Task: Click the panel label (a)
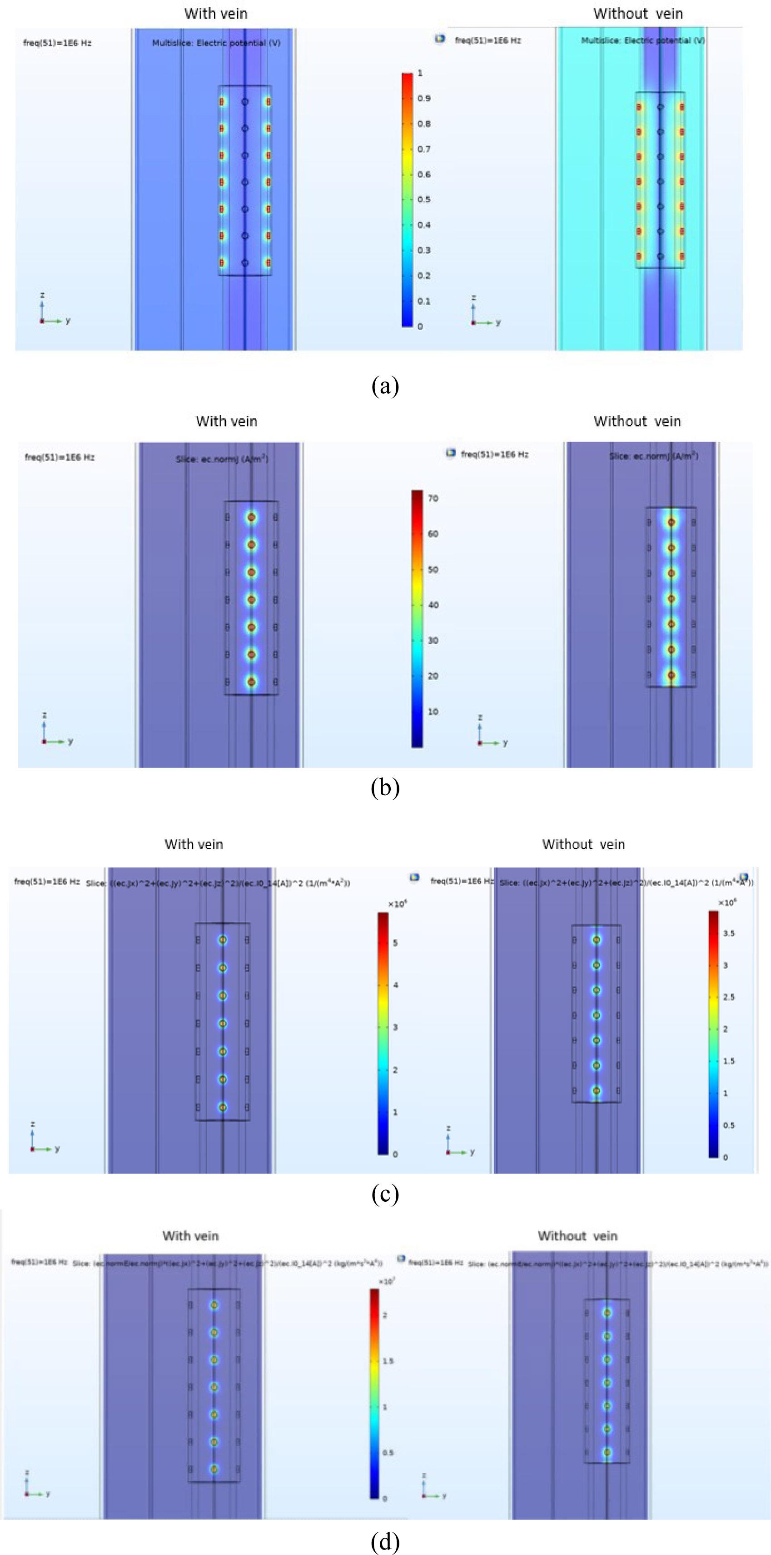tap(385, 386)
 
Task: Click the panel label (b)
tap(385, 788)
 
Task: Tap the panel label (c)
tap(385, 1194)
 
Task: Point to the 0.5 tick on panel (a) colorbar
tap(424, 200)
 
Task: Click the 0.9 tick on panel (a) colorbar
tap(424, 98)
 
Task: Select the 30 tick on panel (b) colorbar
tap(433, 641)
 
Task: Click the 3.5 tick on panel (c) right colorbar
tap(729, 933)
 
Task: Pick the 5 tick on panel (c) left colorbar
tap(395, 942)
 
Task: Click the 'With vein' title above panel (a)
tap(216, 13)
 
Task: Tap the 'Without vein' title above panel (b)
tap(637, 421)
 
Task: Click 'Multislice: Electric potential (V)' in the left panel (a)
tap(216, 43)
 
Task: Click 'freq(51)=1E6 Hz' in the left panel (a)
tap(57, 43)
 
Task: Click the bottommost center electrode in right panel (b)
tap(672, 675)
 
